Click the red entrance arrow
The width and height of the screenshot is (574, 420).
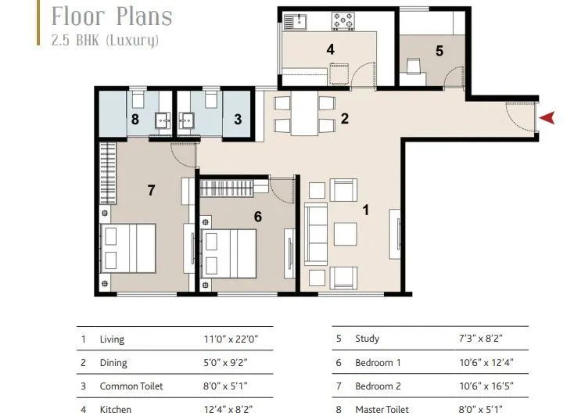coord(549,117)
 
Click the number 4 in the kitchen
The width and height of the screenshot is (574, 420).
coord(331,49)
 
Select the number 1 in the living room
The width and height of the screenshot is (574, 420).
coord(364,210)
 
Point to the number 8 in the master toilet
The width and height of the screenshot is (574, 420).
coord(135,120)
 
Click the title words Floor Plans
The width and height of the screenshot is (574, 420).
coord(112,16)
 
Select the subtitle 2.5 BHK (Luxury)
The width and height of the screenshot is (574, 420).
coord(105,40)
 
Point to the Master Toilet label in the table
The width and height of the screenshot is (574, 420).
coord(383,409)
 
